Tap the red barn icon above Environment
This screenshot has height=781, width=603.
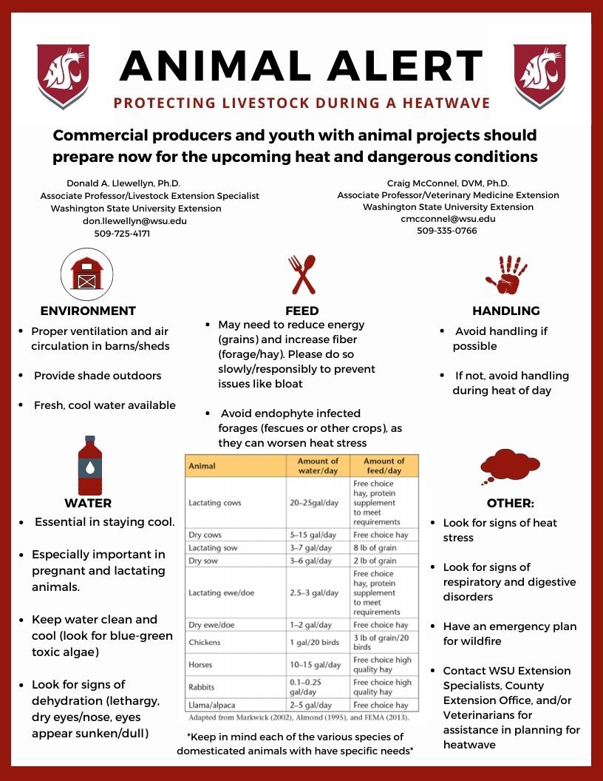tap(87, 274)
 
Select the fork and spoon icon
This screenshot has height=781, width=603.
tap(301, 274)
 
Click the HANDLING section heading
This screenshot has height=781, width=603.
tap(506, 311)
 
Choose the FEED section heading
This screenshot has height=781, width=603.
tap(301, 311)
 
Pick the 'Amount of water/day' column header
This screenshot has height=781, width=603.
tap(318, 466)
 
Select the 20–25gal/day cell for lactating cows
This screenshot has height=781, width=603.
tap(314, 503)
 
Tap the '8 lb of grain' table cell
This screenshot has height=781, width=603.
tap(375, 548)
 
